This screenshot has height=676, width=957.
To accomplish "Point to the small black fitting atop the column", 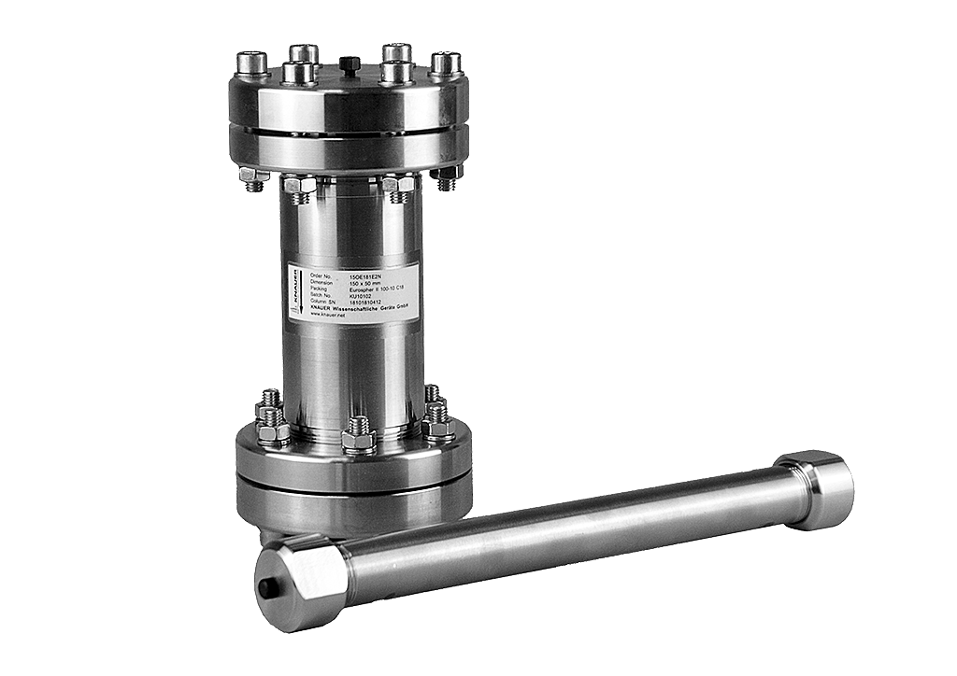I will click(x=350, y=63).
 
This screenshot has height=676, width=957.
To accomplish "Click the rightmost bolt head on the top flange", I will click(x=445, y=63).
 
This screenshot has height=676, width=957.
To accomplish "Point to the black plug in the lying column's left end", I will click(x=265, y=588).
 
